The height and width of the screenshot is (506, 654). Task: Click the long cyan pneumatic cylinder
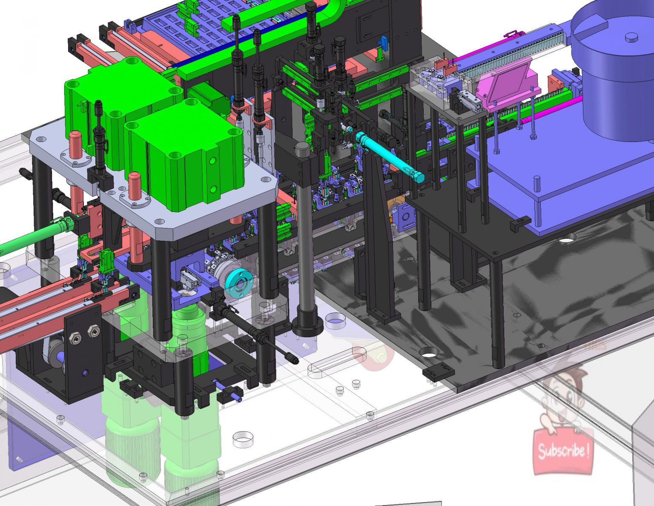[389, 157]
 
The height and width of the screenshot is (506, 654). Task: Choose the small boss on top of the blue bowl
[631, 38]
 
